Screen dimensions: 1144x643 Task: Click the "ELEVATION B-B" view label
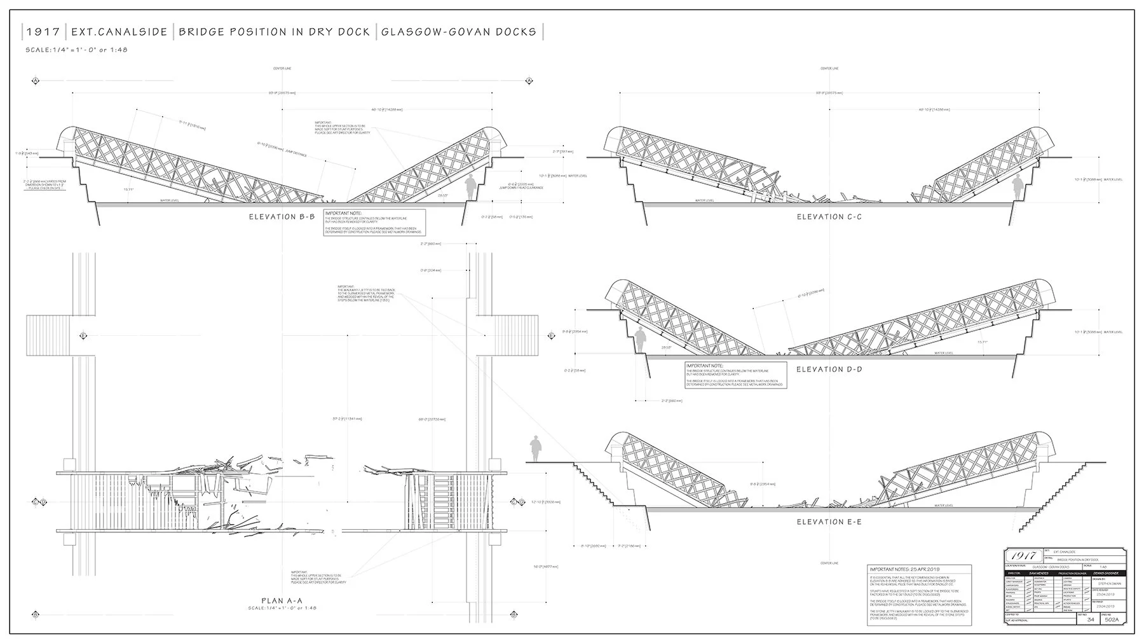(282, 217)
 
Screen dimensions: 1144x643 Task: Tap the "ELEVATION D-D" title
(829, 370)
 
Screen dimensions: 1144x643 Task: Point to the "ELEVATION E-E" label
(830, 522)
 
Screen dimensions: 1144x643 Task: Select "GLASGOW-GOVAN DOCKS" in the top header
(459, 32)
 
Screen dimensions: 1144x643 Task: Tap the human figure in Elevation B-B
(470, 186)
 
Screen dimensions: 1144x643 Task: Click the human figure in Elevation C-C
(1018, 186)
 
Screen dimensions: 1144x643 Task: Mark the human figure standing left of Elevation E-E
(536, 448)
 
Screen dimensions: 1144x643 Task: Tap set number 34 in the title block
(1091, 619)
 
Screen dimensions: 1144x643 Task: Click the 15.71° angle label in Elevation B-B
(130, 188)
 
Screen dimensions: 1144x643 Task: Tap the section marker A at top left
(36, 81)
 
